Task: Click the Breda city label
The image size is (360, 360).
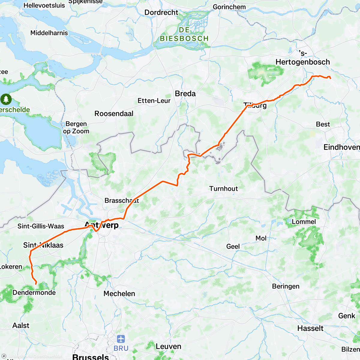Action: pyautogui.click(x=185, y=94)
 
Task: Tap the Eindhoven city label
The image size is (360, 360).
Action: pyautogui.click(x=341, y=147)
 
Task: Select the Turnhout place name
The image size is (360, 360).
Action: pyautogui.click(x=223, y=189)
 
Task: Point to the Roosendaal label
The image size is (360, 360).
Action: pyautogui.click(x=114, y=114)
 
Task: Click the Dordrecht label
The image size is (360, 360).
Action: pyautogui.click(x=161, y=13)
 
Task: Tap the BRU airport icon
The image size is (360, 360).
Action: pyautogui.click(x=121, y=339)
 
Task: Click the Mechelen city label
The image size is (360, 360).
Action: pyautogui.click(x=119, y=294)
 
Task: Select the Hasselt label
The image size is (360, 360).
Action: pyautogui.click(x=310, y=328)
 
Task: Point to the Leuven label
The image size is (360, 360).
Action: pyautogui.click(x=168, y=346)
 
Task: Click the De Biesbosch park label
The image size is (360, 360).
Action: pyautogui.click(x=184, y=34)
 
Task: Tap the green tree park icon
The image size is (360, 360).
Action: pyautogui.click(x=6, y=99)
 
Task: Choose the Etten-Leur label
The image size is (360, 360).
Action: pyautogui.click(x=154, y=101)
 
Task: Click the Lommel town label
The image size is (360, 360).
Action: pyautogui.click(x=304, y=222)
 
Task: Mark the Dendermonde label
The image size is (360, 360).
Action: pyautogui.click(x=34, y=292)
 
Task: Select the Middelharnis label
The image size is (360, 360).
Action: pyautogui.click(x=49, y=33)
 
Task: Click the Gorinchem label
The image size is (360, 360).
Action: pyautogui.click(x=229, y=7)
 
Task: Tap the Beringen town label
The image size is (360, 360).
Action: pyautogui.click(x=286, y=286)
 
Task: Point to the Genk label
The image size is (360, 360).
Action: pyautogui.click(x=346, y=316)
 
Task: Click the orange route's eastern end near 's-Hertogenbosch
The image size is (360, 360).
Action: pyautogui.click(x=330, y=78)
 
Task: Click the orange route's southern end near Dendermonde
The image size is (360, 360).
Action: pyautogui.click(x=36, y=283)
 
